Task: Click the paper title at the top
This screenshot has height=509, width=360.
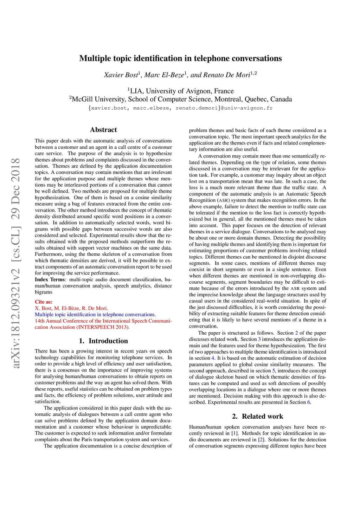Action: pyautogui.click(x=180, y=58)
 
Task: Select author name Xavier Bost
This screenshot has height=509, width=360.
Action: pyautogui.click(x=121, y=75)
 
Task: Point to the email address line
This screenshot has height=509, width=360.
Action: pyautogui.click(x=180, y=108)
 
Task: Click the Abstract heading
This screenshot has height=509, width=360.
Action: pyautogui.click(x=103, y=130)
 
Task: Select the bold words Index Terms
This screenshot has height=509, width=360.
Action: pyautogui.click(x=50, y=279)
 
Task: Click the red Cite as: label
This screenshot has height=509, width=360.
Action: pyautogui.click(x=44, y=302)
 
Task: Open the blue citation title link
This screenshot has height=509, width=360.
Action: pyautogui.click(x=95, y=314)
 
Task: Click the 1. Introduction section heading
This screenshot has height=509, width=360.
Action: pyautogui.click(x=103, y=341)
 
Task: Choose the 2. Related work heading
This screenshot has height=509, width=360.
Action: pyautogui.click(x=257, y=416)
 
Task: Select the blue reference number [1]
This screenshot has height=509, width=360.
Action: pyautogui.click(x=233, y=433)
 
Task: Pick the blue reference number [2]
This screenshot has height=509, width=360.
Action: pyautogui.click(x=261, y=439)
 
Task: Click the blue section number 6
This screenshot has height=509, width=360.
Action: pyautogui.click(x=309, y=402)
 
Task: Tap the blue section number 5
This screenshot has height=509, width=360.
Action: pyautogui.click(x=274, y=371)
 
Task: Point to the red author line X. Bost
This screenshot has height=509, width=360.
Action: pyautogui.click(x=71, y=308)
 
